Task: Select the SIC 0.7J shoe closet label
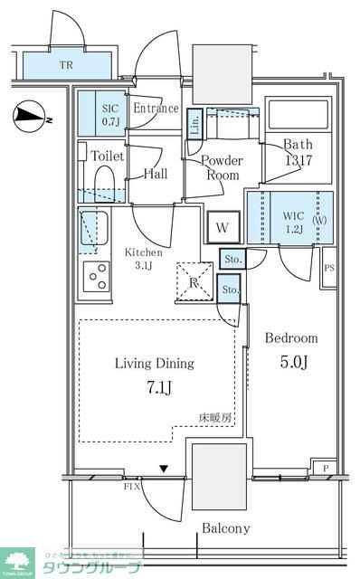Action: [110, 114]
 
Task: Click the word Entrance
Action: [156, 109]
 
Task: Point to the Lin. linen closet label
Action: [195, 125]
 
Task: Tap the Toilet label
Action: [109, 156]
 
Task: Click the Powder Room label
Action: [222, 167]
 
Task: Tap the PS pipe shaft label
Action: [329, 269]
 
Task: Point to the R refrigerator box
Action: [193, 281]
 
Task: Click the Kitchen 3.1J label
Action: [144, 259]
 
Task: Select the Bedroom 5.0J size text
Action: [291, 363]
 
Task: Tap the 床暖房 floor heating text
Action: [216, 419]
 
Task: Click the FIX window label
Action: [132, 487]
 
